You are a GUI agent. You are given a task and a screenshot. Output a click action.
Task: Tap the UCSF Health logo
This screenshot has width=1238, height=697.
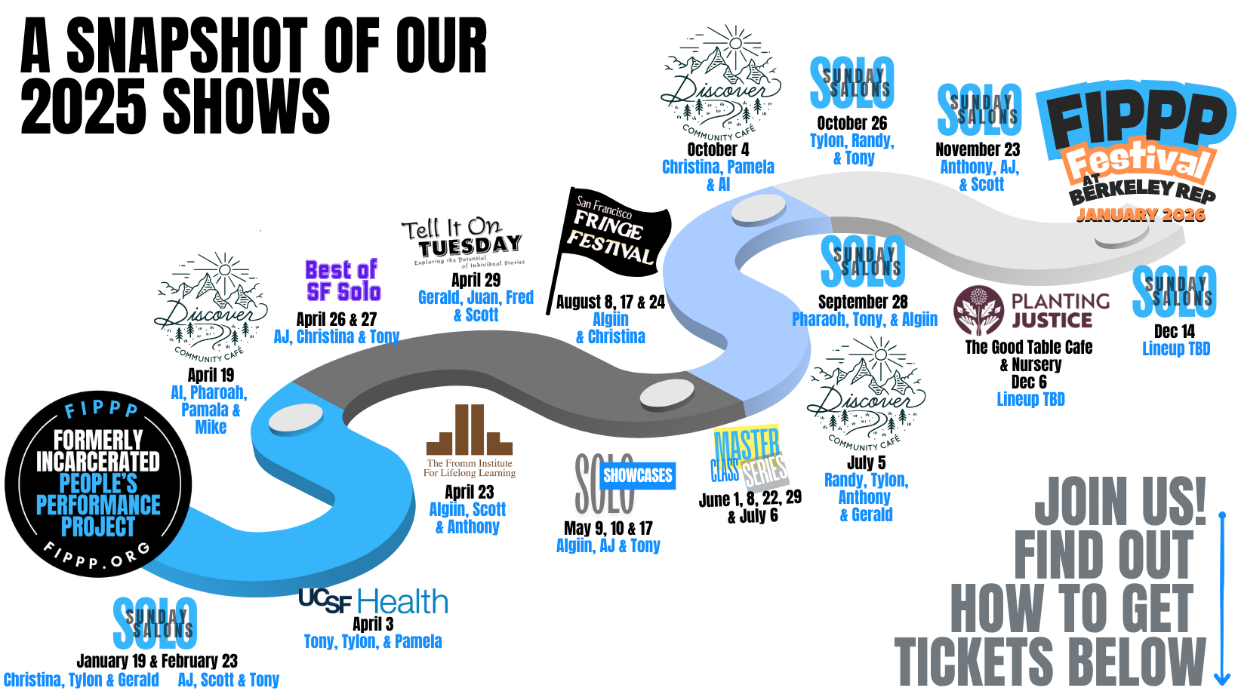coord(373,601)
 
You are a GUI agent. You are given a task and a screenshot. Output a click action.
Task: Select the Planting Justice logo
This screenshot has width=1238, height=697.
coord(1031,310)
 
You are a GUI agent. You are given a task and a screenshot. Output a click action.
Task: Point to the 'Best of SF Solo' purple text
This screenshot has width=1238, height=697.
coord(343,281)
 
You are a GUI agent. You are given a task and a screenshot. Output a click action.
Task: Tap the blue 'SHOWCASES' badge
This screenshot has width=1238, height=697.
coord(637,475)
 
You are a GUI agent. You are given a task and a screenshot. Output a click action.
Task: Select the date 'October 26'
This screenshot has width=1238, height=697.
coord(852,123)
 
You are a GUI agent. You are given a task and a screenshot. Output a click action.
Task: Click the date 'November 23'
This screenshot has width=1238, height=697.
coord(978,149)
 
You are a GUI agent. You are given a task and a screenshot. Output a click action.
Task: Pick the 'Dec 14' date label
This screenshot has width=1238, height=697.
coord(1175,331)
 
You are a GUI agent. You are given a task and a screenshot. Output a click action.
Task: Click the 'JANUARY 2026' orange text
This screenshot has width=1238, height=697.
coord(1141,215)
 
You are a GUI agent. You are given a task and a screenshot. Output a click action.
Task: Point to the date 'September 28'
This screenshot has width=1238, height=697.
coord(863,302)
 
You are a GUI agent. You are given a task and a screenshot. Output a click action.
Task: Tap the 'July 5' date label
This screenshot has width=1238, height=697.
coord(866,462)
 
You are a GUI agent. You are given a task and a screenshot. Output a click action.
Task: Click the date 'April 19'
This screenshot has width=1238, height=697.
coord(211,375)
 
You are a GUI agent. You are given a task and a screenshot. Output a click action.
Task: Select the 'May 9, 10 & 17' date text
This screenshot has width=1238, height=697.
coord(608,528)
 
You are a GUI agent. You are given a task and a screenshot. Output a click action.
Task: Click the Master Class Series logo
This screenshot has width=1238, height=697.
coord(748,456)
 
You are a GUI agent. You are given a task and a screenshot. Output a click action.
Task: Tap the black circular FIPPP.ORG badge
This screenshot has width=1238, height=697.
coord(98,484)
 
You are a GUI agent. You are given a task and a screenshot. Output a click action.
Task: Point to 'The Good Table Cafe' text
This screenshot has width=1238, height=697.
coord(1029,347)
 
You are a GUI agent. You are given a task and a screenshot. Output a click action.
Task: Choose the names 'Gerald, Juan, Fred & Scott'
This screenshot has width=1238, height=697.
coord(476,306)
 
